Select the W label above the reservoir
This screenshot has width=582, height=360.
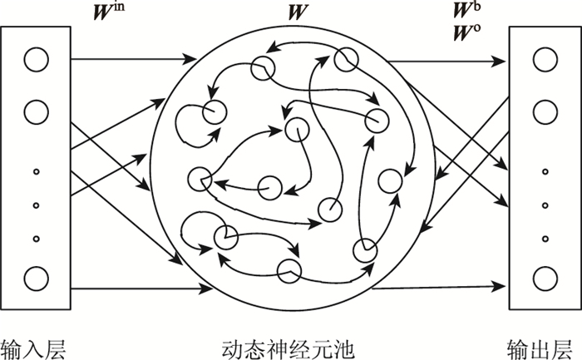click(294, 13)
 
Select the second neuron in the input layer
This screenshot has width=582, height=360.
click(36, 111)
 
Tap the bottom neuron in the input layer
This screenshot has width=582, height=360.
click(36, 278)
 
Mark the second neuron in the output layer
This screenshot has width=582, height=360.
click(544, 111)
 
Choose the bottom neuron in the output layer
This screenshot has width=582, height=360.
click(544, 278)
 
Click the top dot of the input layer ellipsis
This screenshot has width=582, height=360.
click(36, 173)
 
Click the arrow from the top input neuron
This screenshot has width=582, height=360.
click(125, 60)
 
